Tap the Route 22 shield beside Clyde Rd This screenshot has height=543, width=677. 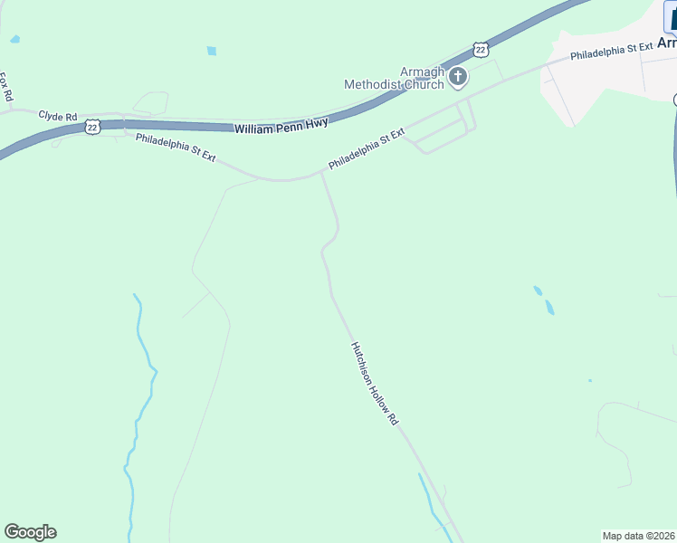click(92, 128)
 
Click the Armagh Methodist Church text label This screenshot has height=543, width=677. click(395, 79)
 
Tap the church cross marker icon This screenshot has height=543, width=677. click(458, 78)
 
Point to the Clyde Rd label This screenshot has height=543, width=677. click(58, 116)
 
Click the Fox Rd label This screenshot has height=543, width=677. click(5, 87)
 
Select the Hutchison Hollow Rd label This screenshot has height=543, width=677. click(374, 384)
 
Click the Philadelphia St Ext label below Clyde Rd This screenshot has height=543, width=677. click(176, 148)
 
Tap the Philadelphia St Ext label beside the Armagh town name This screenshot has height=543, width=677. click(611, 51)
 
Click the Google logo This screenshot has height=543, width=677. click(30, 532)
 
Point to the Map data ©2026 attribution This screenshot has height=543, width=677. click(639, 535)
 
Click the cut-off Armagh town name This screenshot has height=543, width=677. click(666, 43)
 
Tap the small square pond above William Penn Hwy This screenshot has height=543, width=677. click(211, 51)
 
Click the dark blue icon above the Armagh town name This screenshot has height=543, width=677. click(671, 18)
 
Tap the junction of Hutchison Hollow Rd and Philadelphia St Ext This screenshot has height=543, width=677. click(321, 172)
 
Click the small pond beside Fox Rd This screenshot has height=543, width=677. click(14, 40)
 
